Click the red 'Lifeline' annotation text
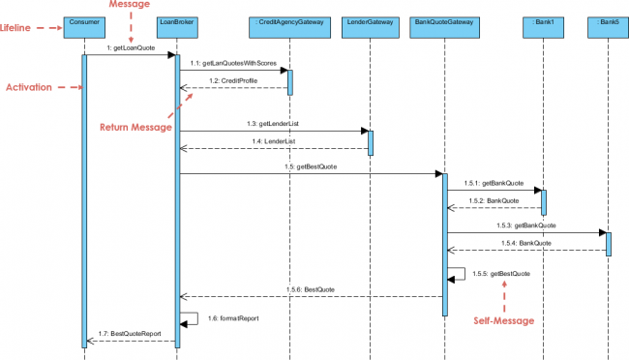19,29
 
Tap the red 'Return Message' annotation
135,127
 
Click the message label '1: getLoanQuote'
130,47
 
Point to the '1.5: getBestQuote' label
311,166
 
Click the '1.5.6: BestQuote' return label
311,288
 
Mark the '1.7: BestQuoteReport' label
129,334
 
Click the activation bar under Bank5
609,242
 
